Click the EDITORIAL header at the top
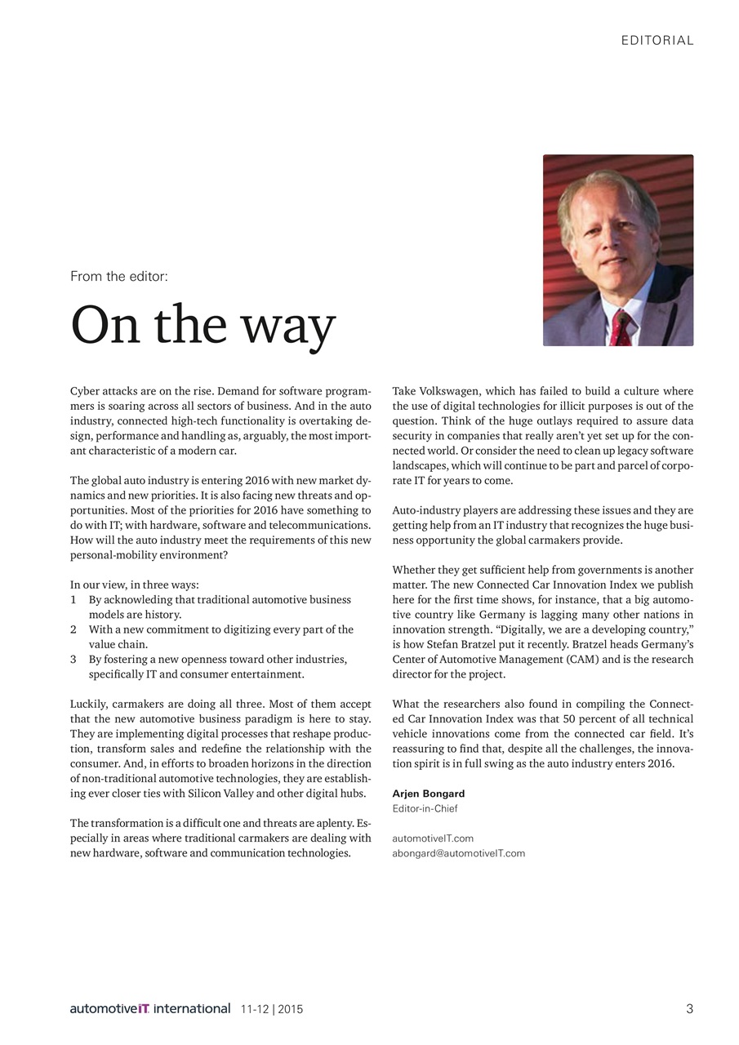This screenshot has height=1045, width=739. coord(657,40)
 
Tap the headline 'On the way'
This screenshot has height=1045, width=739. coord(203,325)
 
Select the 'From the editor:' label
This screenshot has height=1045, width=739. coord(119,276)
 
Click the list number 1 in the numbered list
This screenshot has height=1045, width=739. coord(73,599)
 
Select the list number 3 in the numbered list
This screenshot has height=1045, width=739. coord(73,659)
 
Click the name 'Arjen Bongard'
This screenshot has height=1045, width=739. coord(428,794)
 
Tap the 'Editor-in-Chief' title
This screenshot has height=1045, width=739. coord(425,808)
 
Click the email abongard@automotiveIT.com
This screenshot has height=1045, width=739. coord(458,853)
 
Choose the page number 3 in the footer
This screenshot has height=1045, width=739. coord(689,1009)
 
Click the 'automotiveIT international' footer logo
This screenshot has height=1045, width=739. coord(149,1009)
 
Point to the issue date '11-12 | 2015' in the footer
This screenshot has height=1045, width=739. coord(272,1010)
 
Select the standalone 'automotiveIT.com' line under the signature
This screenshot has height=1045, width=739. coord(433,838)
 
